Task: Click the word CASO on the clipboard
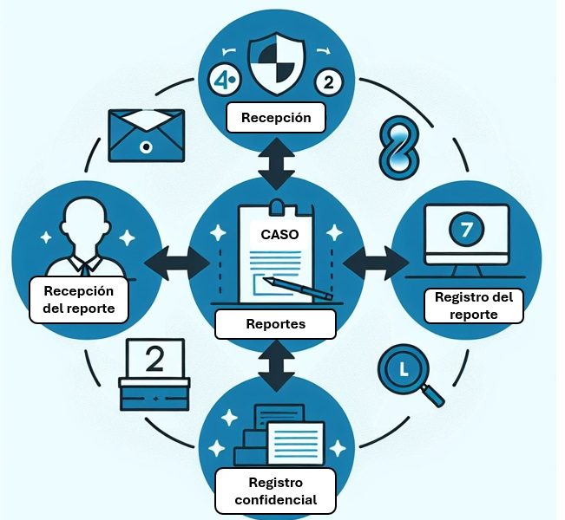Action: point(279,235)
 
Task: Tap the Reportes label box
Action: point(276,324)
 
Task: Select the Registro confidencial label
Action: point(276,491)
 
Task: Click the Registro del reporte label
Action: point(474,306)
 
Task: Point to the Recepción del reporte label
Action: point(79,299)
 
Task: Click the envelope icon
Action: point(147,136)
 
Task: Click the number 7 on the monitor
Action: point(466,229)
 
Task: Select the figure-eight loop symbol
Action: point(399,147)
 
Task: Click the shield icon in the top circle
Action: point(277,63)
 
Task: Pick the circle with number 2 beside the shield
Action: point(329,82)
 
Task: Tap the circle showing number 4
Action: point(224,81)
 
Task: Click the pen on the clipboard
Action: point(298,289)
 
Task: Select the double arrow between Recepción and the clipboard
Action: point(276,164)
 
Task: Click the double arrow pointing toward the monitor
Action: point(376,263)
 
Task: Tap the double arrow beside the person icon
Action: point(177,263)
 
